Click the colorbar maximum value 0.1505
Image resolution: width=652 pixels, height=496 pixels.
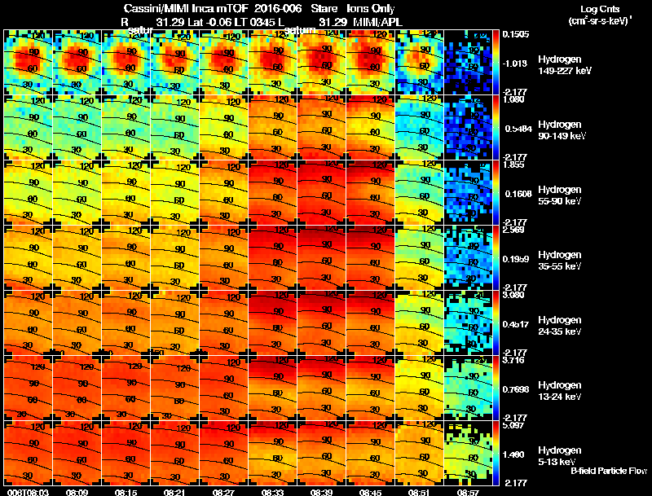[x=515, y=34]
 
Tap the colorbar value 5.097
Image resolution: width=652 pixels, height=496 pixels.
[x=515, y=424]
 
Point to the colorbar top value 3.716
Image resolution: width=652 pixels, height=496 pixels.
[x=515, y=359]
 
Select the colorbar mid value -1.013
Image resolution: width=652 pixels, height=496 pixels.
[x=514, y=63]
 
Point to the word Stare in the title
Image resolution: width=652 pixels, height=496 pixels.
[x=324, y=8]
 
